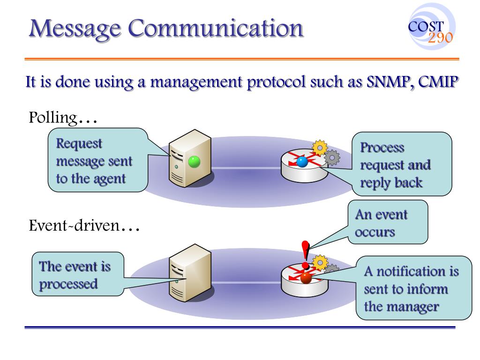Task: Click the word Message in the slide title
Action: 75,29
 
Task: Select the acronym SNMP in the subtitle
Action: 385,83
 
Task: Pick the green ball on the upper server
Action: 194,162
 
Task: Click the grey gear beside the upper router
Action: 332,158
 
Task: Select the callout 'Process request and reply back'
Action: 402,165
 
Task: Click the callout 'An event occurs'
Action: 388,223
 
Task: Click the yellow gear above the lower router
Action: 320,262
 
